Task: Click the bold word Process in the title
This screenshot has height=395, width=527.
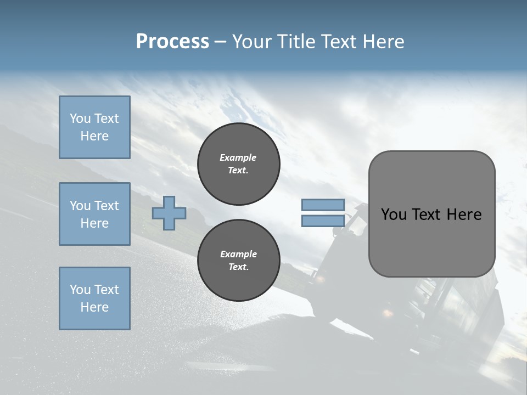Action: pos(172,42)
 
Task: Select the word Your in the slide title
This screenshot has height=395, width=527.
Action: pos(252,42)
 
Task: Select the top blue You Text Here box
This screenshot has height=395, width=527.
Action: pos(94,127)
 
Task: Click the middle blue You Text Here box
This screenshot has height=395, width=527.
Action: pos(94,214)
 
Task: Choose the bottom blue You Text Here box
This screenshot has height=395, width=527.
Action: pos(94,298)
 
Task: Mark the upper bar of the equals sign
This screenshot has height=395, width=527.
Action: pos(323,205)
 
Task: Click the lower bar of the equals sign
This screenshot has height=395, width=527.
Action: pos(323,221)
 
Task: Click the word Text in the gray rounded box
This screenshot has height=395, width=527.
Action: pos(427,215)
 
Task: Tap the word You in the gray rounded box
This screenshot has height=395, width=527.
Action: pos(394,215)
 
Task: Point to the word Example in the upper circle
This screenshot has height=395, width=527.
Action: pos(238,157)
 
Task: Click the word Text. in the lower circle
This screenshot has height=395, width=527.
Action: pos(238,267)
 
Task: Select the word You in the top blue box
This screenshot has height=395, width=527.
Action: pos(80,119)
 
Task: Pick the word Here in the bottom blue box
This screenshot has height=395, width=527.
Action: pos(94,307)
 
